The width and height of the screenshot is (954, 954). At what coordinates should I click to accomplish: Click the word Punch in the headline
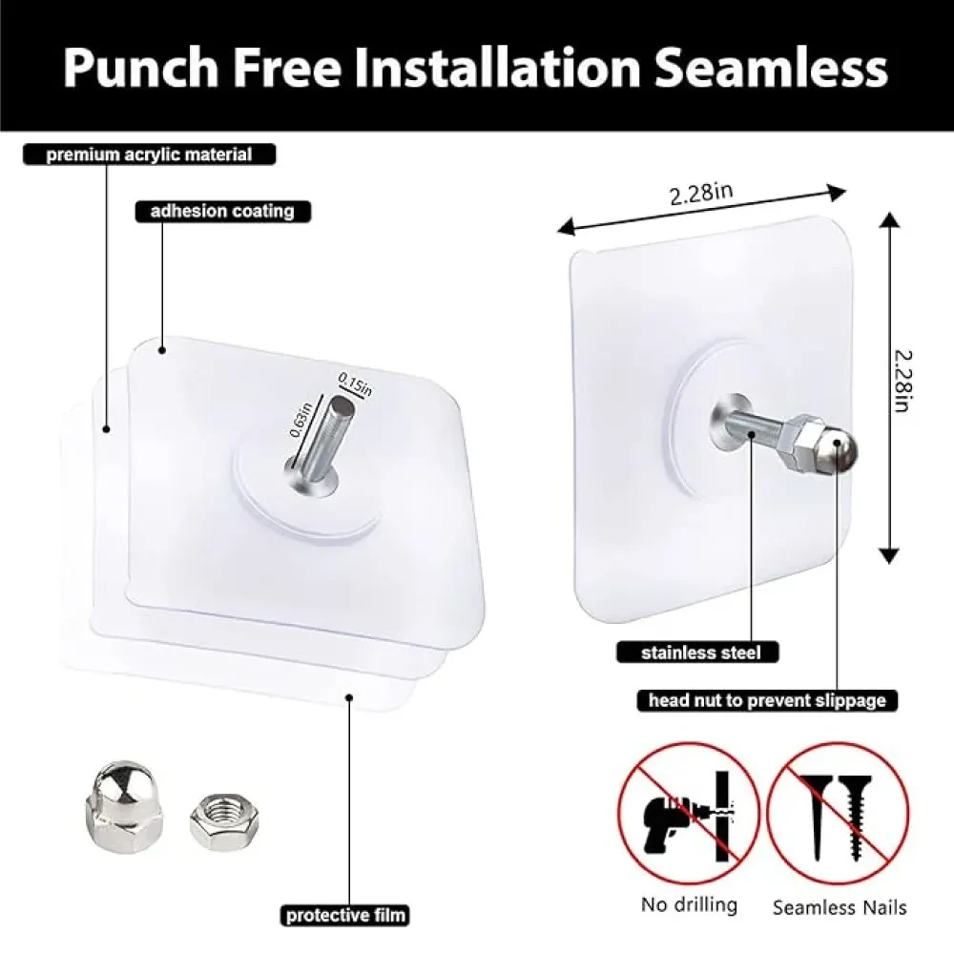(141, 68)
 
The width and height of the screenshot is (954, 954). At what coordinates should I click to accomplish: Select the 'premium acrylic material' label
(149, 155)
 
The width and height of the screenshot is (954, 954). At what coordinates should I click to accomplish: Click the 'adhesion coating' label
(222, 211)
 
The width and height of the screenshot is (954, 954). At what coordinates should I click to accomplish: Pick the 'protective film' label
(345, 915)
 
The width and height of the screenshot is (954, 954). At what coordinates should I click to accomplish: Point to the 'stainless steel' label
(701, 653)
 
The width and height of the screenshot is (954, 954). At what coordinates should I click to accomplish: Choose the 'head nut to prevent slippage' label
(767, 700)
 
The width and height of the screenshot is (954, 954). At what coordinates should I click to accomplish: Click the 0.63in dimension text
(301, 420)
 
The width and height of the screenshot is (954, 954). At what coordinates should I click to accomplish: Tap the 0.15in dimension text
(355, 384)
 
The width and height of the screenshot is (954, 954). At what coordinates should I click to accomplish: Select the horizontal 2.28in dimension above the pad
(701, 194)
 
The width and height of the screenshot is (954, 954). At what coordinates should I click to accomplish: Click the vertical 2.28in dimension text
(903, 381)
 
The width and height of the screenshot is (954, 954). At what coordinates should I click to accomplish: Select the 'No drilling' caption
(689, 904)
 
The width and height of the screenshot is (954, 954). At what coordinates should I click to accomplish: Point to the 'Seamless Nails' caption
(840, 907)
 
